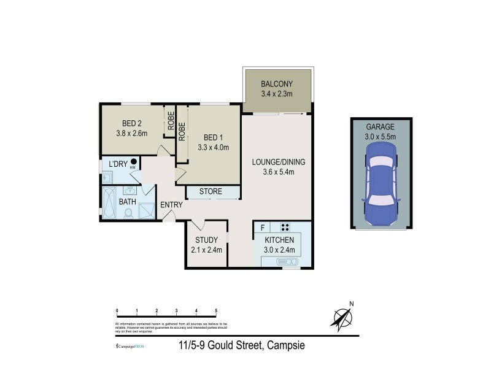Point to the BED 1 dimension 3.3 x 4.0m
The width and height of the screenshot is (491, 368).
click(213, 147)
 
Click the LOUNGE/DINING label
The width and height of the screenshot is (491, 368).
click(278, 163)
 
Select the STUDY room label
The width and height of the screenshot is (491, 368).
click(206, 240)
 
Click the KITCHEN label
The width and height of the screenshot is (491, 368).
click(279, 240)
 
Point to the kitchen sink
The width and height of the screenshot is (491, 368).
click(287, 262)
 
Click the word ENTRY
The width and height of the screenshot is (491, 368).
click(171, 205)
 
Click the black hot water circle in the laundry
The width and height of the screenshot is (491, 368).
click(133, 162)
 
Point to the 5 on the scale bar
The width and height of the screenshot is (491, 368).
click(216, 311)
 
